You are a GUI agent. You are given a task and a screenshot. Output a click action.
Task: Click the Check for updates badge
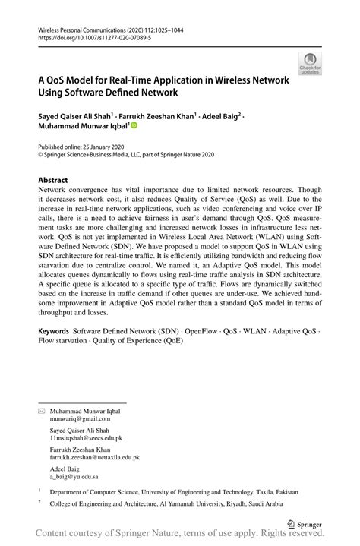point(310,63)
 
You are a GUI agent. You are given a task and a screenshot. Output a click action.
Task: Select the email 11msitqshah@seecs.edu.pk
point(86,438)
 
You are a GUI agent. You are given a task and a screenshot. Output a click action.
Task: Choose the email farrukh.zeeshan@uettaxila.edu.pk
point(94,458)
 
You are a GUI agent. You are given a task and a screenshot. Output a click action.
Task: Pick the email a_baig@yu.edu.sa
point(74,478)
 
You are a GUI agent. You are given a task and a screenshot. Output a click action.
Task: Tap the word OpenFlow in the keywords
point(201,332)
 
